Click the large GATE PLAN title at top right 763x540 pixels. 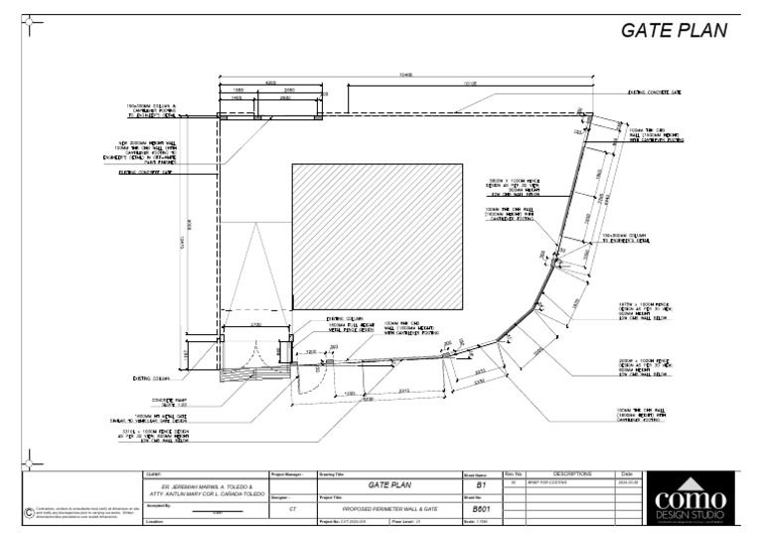[x=674, y=30]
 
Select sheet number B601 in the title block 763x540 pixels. [x=481, y=508]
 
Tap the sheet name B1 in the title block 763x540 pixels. [x=481, y=485]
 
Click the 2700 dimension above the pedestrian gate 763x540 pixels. [x=255, y=325]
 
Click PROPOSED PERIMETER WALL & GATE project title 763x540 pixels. [x=388, y=508]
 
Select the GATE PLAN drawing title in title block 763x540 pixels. [x=388, y=485]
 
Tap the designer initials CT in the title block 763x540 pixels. [x=292, y=508]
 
